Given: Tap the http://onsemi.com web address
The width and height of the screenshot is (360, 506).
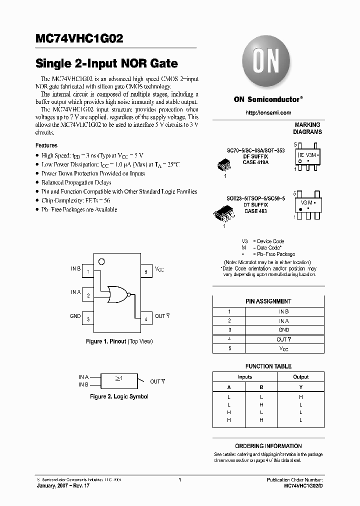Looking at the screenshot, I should coord(268,113).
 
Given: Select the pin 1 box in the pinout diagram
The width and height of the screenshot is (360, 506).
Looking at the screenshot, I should coord(88,271).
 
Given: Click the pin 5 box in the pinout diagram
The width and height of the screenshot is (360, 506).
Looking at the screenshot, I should coord(146,271).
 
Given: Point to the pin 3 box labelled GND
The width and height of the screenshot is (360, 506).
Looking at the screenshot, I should coord(88,318).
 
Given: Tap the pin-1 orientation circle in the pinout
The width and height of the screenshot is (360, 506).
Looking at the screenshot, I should coord(101,261).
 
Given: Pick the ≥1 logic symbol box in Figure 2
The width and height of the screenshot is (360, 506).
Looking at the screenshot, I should coord(119,380).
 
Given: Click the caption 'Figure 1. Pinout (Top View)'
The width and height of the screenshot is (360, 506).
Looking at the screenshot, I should coord(119,341).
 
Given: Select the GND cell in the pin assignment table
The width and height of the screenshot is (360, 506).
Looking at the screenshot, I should coord(283,330).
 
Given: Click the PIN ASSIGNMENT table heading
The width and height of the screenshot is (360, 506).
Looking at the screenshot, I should coord(268,301).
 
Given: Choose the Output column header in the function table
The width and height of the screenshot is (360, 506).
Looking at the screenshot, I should coord(301,377).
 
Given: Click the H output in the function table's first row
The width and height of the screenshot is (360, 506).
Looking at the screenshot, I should coord(301,396).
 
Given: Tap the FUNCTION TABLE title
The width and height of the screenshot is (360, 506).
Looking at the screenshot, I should coord(268,366).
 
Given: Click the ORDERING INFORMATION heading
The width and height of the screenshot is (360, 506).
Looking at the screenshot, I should coord(268,446).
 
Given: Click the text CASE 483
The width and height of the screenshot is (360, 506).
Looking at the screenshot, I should coord(255,211).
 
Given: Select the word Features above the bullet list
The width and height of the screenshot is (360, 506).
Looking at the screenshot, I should coord(46,145).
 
